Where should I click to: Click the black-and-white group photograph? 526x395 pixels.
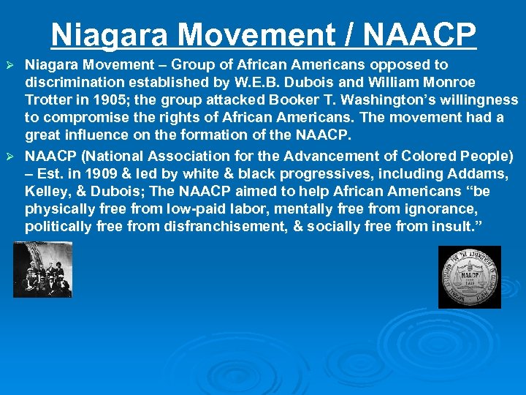(42, 269)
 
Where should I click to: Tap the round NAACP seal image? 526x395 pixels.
(469, 276)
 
